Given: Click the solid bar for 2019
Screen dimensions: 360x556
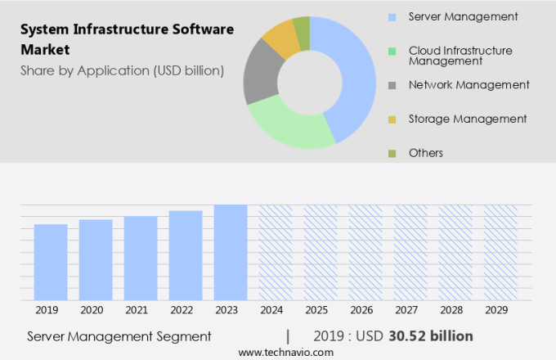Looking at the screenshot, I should (x=51, y=262).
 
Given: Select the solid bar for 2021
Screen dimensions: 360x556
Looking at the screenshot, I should (x=141, y=258).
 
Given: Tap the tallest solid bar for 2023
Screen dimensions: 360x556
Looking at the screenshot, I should (x=231, y=252).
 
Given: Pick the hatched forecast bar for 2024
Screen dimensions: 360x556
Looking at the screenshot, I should (x=276, y=252).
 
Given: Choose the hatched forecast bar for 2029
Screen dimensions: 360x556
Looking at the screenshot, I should (x=500, y=252).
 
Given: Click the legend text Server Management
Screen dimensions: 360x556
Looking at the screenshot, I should (x=463, y=16).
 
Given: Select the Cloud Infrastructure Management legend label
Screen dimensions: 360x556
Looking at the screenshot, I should (x=460, y=55).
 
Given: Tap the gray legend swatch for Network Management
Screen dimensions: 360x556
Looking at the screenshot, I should (x=392, y=85).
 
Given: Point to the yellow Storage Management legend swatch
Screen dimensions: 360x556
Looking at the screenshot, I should (x=392, y=119).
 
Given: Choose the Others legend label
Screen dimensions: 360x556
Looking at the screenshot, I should (x=426, y=153).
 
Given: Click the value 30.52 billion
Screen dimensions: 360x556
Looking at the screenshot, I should (x=433, y=336).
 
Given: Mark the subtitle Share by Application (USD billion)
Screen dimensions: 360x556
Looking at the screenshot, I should (x=122, y=70).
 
